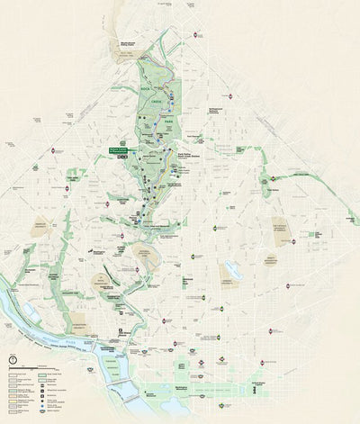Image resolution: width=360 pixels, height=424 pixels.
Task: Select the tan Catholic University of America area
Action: (x=284, y=229)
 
